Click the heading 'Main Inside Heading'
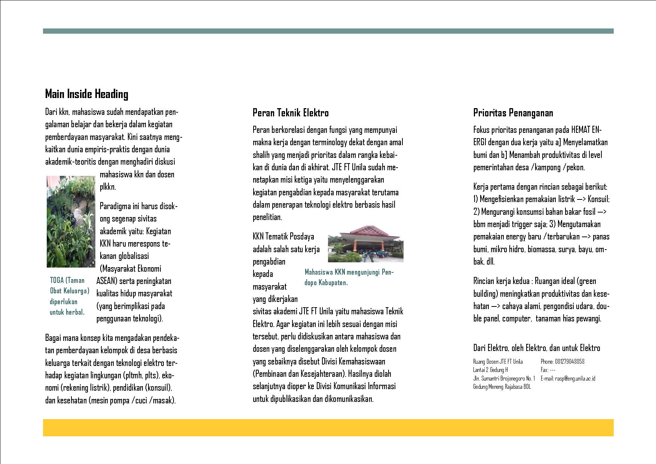[x=86, y=94]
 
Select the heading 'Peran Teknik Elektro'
[x=291, y=113]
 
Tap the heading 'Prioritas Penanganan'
[x=513, y=113]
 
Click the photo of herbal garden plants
[x=71, y=222]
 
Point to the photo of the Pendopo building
[x=365, y=244]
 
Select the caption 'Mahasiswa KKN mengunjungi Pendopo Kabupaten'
[x=349, y=277]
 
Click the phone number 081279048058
[x=562, y=361]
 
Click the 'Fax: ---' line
[x=548, y=370]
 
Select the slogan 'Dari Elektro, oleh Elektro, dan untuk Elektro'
[x=536, y=348]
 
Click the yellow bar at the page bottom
[x=328, y=427]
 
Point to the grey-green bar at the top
[x=328, y=31]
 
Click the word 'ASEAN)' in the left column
[x=107, y=281]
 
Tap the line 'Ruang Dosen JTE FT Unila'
[x=498, y=361]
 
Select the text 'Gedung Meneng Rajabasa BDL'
[x=502, y=387]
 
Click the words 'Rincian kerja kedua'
[x=501, y=281]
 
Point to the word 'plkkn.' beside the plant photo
[x=108, y=187]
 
